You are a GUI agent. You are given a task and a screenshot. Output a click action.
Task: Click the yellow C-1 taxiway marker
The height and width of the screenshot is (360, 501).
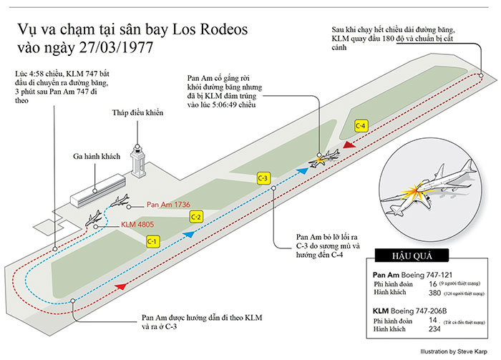[152, 242]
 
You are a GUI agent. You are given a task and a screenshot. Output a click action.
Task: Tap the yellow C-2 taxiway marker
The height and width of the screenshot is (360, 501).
[196, 216]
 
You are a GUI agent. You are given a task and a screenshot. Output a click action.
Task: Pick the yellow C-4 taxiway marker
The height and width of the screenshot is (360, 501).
[361, 126]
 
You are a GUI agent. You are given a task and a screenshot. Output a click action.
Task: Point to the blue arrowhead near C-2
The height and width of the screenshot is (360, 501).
[188, 233]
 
